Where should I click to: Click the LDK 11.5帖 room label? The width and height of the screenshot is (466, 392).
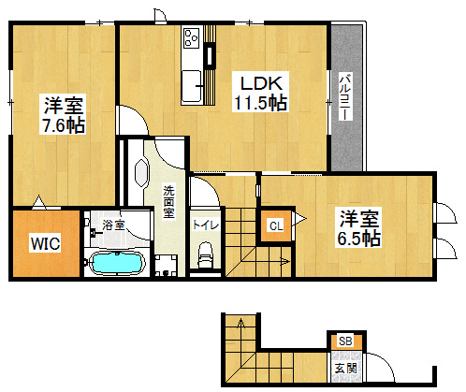(260, 92)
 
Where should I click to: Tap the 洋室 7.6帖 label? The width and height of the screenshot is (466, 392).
(63, 114)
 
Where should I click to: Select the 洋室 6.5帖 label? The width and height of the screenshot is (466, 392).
(358, 227)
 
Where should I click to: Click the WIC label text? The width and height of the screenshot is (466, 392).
(45, 243)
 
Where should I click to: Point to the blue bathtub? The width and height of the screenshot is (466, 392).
(117, 263)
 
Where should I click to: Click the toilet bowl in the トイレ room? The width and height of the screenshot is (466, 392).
(205, 254)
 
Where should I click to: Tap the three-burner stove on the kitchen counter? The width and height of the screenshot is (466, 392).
(191, 38)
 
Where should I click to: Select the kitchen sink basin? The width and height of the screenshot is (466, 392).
(191, 86)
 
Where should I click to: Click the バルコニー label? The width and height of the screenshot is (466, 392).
(346, 96)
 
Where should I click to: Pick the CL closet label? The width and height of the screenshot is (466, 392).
(276, 225)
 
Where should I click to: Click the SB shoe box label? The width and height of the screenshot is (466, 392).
(345, 341)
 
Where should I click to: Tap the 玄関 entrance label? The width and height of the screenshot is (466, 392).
(345, 369)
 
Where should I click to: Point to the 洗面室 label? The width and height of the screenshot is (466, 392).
(169, 202)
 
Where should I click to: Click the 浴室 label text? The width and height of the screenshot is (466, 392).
(114, 225)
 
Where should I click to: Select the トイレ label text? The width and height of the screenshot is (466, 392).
(206, 225)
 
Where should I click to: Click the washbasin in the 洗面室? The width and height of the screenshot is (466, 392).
(141, 173)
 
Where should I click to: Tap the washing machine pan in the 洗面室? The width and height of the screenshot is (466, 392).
(166, 266)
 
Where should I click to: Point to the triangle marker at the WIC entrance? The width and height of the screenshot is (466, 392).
(39, 202)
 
